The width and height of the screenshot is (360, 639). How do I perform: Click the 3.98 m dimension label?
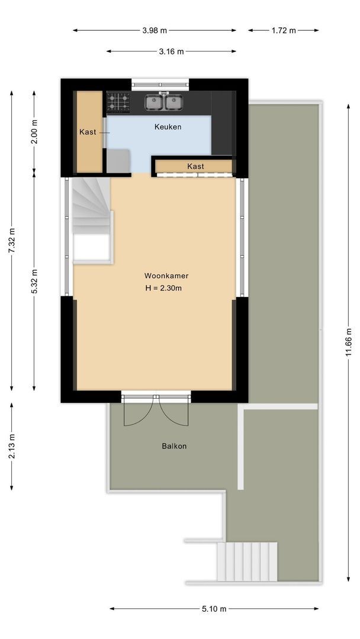(155, 31)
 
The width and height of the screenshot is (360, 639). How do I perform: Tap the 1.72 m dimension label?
(283, 31)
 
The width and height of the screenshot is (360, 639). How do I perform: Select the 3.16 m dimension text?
(171, 51)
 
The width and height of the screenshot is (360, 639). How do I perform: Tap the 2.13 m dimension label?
(11, 446)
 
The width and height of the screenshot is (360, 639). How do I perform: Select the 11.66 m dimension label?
(349, 341)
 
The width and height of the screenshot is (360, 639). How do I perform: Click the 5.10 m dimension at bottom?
(214, 608)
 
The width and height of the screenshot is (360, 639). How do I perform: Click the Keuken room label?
(168, 127)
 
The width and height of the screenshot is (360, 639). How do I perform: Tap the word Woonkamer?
(166, 276)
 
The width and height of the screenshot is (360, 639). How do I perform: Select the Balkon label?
(174, 446)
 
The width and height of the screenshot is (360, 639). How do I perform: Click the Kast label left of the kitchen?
(88, 132)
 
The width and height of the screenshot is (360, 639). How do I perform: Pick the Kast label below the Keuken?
(195, 166)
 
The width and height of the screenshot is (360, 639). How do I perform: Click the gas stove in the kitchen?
(118, 103)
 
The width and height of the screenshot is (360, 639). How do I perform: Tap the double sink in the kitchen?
(163, 103)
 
